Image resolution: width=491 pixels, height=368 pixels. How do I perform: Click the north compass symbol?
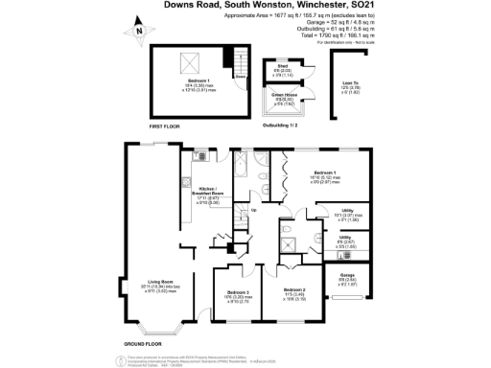(x=141, y=33)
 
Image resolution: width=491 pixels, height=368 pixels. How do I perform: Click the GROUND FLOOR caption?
(x=141, y=343)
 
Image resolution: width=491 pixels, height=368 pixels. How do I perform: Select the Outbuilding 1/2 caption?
(x=279, y=126)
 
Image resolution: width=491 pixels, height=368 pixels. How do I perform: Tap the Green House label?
(x=283, y=93)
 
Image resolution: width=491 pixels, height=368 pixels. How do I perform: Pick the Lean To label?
(x=351, y=82)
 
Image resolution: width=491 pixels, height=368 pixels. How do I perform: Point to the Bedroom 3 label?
(x=239, y=292)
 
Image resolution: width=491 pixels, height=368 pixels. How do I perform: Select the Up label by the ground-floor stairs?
(x=253, y=210)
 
